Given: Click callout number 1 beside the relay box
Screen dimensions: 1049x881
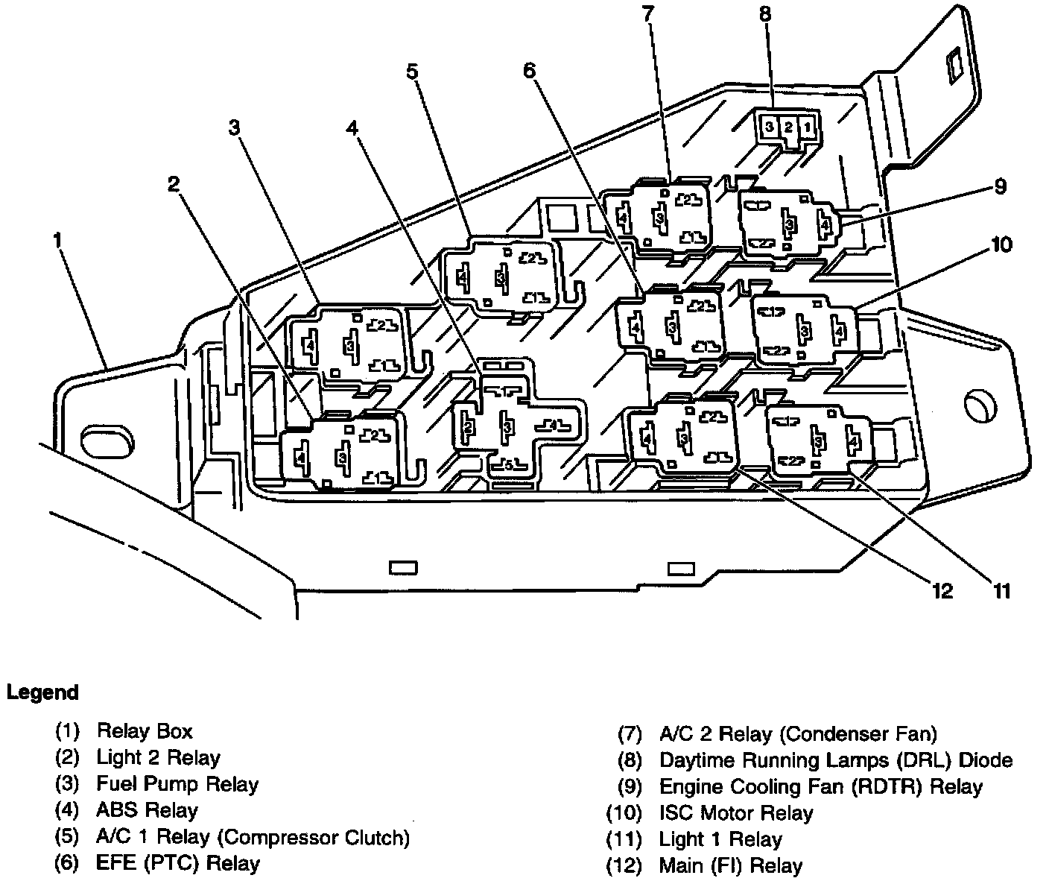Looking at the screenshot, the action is pyautogui.click(x=58, y=240).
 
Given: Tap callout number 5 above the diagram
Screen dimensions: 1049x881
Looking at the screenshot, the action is pyautogui.click(x=412, y=72).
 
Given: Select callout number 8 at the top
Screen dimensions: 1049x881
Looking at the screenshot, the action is pyautogui.click(x=764, y=14).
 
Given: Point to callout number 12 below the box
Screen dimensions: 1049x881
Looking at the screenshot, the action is pyautogui.click(x=942, y=591).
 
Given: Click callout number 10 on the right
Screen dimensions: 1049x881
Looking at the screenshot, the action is pyautogui.click(x=1001, y=244).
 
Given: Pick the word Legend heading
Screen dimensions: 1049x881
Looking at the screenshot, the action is pyautogui.click(x=42, y=692).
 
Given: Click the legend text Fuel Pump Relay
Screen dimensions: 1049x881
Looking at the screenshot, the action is pyautogui.click(x=177, y=784).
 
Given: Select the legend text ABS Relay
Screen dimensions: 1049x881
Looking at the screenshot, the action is pyautogui.click(x=148, y=810).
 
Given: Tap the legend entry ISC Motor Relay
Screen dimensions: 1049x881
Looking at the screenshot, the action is pyautogui.click(x=736, y=812).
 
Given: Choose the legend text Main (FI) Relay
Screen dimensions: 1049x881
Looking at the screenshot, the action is pyautogui.click(x=730, y=865).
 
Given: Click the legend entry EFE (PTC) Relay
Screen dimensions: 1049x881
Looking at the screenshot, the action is pyautogui.click(x=178, y=863).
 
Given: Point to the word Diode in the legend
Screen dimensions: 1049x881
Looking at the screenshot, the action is pyautogui.click(x=986, y=760).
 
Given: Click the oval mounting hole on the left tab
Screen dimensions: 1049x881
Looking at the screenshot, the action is pyautogui.click(x=107, y=442).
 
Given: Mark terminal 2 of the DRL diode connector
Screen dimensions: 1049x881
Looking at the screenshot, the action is pyautogui.click(x=787, y=127).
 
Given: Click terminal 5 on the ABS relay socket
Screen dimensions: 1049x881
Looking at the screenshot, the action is pyautogui.click(x=508, y=465).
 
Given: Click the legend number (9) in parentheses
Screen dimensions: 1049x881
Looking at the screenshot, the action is pyautogui.click(x=630, y=786).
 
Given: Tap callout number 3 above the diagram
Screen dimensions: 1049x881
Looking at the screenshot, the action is pyautogui.click(x=234, y=127).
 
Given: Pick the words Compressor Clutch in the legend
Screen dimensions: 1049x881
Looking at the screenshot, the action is pyautogui.click(x=314, y=837).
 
